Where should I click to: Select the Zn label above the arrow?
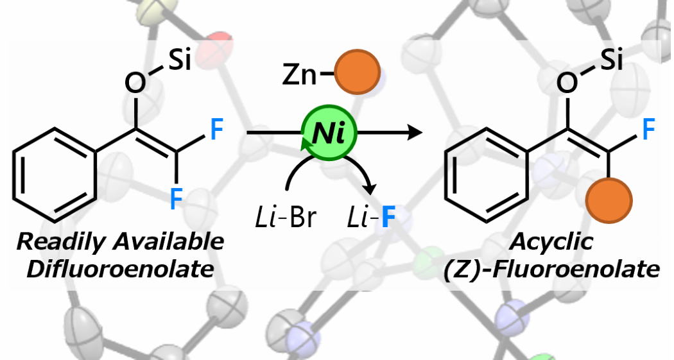click(300, 77)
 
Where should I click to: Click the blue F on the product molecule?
click(649, 132)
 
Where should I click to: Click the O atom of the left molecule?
click(135, 83)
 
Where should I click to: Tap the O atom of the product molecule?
click(567, 83)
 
